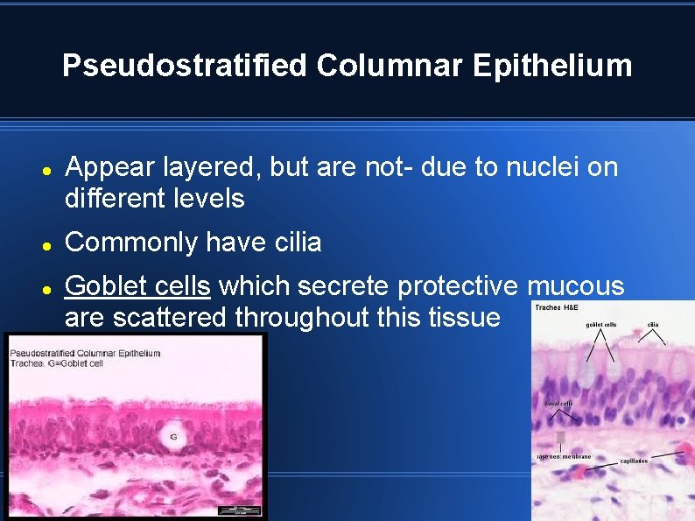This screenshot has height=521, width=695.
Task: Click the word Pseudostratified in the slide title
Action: pyautogui.click(x=185, y=66)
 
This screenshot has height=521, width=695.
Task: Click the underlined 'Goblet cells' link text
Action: pyautogui.click(x=137, y=286)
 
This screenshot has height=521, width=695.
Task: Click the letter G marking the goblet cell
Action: pyautogui.click(x=173, y=435)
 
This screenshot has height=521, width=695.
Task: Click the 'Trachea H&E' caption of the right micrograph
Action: pyautogui.click(x=557, y=307)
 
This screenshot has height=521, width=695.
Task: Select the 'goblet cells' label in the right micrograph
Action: pyautogui.click(x=600, y=325)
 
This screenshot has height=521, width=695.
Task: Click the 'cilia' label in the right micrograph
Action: pyautogui.click(x=653, y=325)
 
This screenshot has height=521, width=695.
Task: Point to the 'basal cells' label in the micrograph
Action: pyautogui.click(x=558, y=404)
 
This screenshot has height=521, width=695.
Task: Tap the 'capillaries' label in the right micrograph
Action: pyautogui.click(x=634, y=461)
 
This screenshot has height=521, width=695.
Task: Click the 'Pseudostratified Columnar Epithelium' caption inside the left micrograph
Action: pyautogui.click(x=85, y=353)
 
